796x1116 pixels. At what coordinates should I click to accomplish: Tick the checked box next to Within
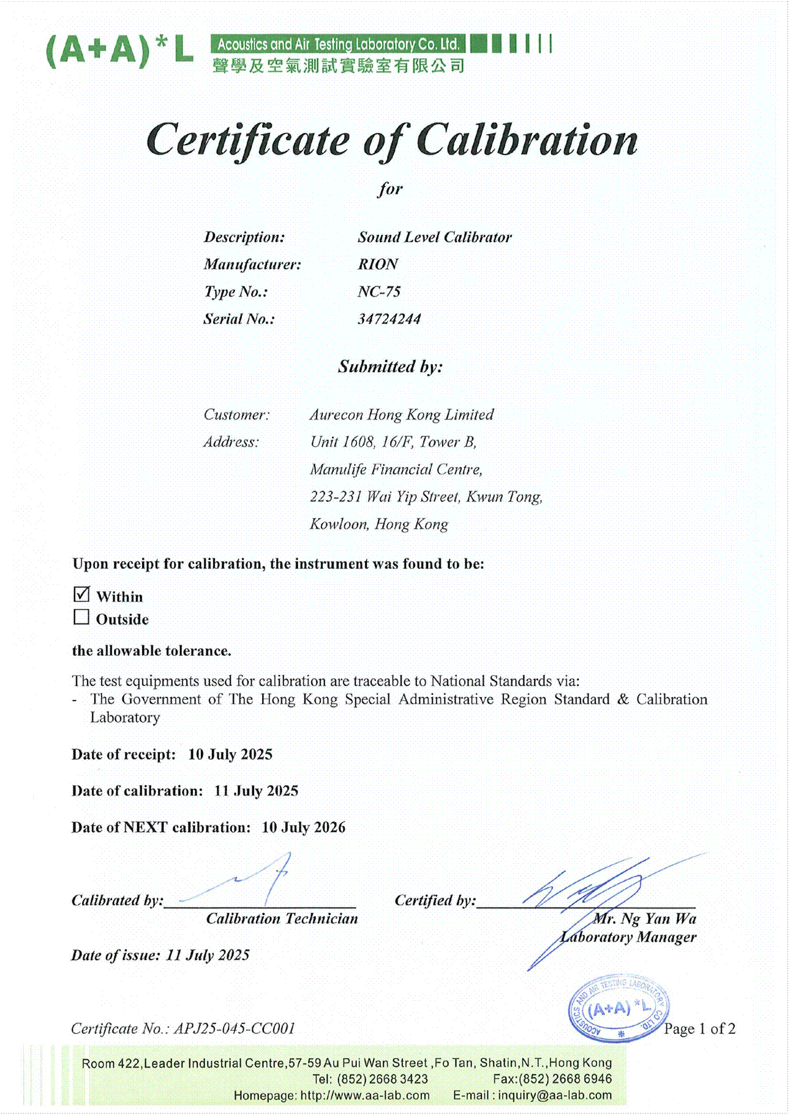(81, 594)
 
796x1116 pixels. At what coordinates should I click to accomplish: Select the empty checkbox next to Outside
(81, 617)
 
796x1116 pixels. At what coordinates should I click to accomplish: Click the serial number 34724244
(389, 319)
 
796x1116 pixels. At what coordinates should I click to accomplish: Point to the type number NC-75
(379, 292)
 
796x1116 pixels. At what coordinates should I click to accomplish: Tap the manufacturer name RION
(378, 264)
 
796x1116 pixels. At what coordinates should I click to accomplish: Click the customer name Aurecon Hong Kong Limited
(402, 415)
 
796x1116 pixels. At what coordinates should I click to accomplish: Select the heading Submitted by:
(390, 366)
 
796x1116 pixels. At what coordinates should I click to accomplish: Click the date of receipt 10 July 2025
(230, 754)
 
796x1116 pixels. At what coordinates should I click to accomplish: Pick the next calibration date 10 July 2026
(304, 828)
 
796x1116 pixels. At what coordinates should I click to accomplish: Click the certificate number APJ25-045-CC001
(235, 1029)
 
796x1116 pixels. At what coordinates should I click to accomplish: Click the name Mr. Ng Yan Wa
(645, 918)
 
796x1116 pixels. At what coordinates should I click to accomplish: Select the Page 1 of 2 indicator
(700, 1029)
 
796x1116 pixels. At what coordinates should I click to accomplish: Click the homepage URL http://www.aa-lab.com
(365, 1095)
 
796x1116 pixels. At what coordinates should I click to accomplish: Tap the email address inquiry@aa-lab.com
(555, 1095)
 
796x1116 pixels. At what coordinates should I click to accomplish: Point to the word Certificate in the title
(248, 141)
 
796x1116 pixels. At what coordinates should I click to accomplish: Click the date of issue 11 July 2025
(208, 955)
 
